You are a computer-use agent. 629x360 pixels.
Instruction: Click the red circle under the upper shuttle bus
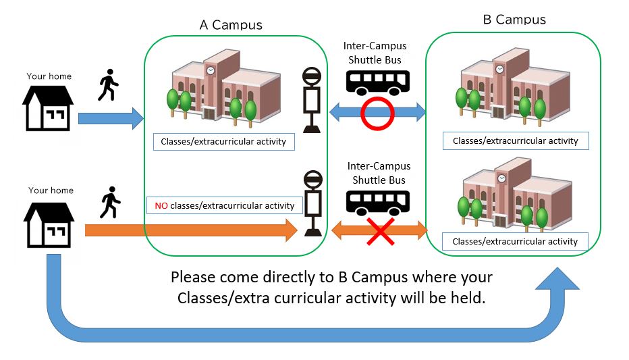[x=377, y=113]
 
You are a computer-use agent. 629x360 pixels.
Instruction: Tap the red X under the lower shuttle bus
[x=380, y=232]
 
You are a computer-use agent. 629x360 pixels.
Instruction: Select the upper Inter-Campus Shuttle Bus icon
[x=378, y=82]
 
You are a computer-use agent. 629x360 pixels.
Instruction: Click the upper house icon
[x=48, y=107]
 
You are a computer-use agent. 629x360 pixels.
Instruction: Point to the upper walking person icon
[x=108, y=85]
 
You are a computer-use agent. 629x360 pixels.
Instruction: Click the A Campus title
[x=231, y=25]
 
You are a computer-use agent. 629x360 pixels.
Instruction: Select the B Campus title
[x=514, y=19]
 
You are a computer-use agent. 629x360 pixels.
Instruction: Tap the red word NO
[x=161, y=205]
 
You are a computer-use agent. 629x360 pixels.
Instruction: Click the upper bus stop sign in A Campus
[x=312, y=99]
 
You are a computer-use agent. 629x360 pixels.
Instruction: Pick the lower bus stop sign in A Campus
[x=312, y=203]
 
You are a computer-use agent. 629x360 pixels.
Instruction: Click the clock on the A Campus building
[x=211, y=70]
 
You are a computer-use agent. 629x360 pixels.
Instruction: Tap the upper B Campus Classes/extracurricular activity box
[x=516, y=140]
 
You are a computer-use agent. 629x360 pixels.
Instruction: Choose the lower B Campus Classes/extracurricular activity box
[x=515, y=241]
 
